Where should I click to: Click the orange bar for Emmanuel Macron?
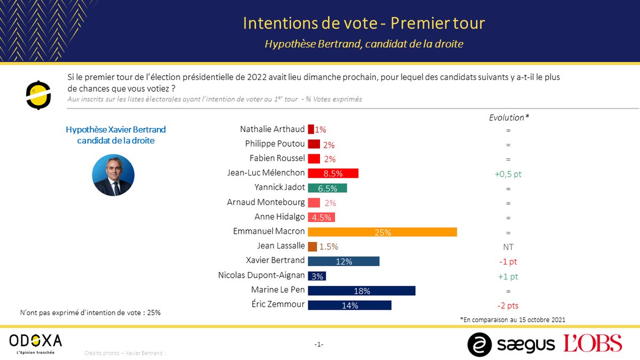point(382,232)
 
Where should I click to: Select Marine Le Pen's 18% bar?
point(362,291)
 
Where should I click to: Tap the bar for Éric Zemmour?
point(349,305)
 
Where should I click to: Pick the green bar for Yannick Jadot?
point(327,188)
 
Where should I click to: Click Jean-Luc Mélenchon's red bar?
point(333,173)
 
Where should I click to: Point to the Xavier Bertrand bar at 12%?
point(343,261)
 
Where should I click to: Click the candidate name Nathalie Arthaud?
point(272,129)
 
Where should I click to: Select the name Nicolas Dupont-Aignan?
point(261,275)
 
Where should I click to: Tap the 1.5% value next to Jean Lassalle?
point(329,246)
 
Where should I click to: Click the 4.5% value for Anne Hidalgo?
point(322,217)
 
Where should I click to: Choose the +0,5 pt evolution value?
point(508,173)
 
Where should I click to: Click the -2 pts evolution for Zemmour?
point(508,306)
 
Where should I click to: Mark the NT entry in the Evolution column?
point(508,247)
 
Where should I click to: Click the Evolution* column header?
point(509,117)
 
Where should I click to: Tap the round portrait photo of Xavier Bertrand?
point(113,175)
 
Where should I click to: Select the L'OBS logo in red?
point(593,343)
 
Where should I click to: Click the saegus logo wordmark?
point(525,344)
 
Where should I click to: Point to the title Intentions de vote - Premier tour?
point(364,23)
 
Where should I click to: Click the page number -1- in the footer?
point(319,345)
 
